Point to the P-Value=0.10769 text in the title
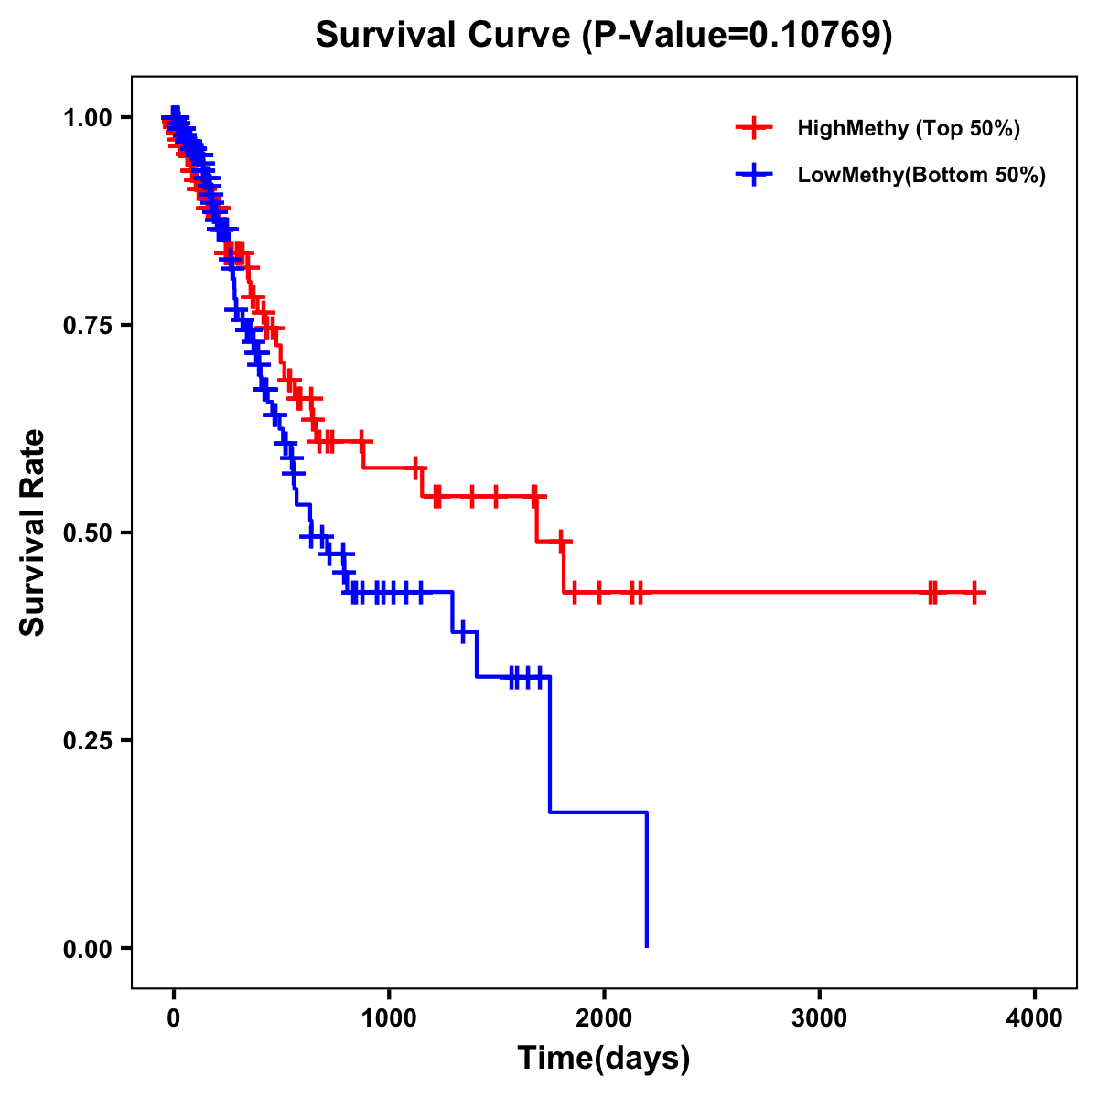pyautogui.click(x=737, y=36)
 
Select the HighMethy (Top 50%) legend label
pyautogui.click(x=908, y=128)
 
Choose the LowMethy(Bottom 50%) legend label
pyautogui.click(x=921, y=175)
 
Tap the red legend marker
pyautogui.click(x=753, y=128)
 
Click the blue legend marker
pyautogui.click(x=753, y=175)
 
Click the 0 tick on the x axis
pyautogui.click(x=174, y=1018)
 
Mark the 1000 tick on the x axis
pyautogui.click(x=389, y=1018)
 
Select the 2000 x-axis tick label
pyautogui.click(x=604, y=1018)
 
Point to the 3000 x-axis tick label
pyautogui.click(x=819, y=1018)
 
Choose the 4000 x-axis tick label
pyautogui.click(x=1035, y=1018)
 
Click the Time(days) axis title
pyautogui.click(x=604, y=1059)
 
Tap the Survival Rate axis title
pyautogui.click(x=33, y=533)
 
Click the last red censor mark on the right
pyautogui.click(x=975, y=593)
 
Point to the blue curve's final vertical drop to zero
pyautogui.click(x=647, y=878)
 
